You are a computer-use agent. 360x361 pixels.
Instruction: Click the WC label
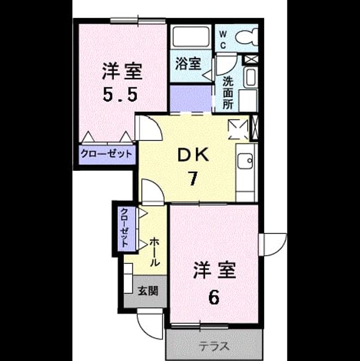pos(223,40)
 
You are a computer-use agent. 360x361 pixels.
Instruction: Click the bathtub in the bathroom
pos(190,37)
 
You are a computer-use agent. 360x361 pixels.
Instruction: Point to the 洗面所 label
pos(228,92)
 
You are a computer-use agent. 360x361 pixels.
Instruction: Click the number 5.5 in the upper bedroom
pos(120,94)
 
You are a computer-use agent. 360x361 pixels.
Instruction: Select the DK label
pos(193,155)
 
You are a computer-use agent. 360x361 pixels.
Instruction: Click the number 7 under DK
pos(193,179)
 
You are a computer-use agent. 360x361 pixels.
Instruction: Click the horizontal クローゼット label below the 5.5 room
pos(106,154)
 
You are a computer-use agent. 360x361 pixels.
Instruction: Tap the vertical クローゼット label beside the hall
pos(125,227)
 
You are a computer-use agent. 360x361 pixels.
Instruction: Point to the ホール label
pos(155,252)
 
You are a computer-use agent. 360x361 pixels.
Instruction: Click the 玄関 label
pos(148,291)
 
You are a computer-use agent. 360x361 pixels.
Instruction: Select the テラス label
pos(214,346)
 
